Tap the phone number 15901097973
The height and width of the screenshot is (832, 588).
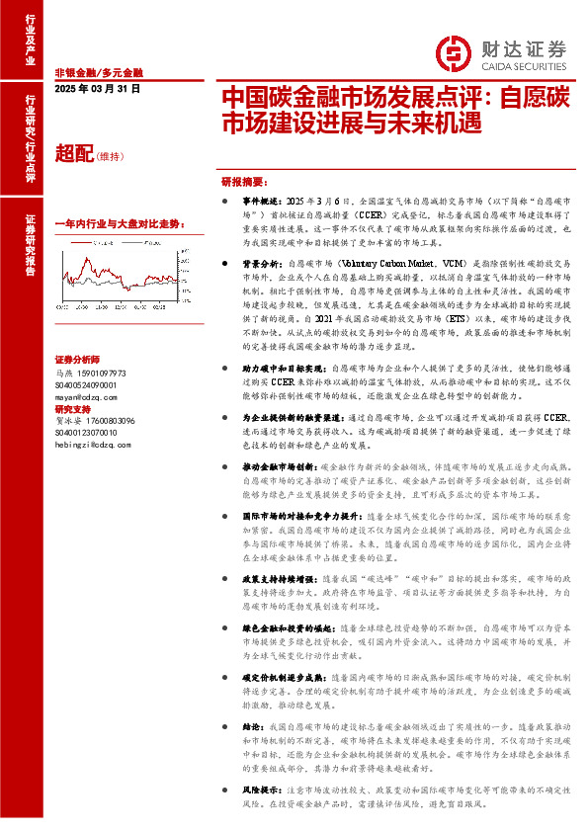pos(104,373)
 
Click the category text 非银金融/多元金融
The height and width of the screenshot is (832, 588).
pos(99,73)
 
